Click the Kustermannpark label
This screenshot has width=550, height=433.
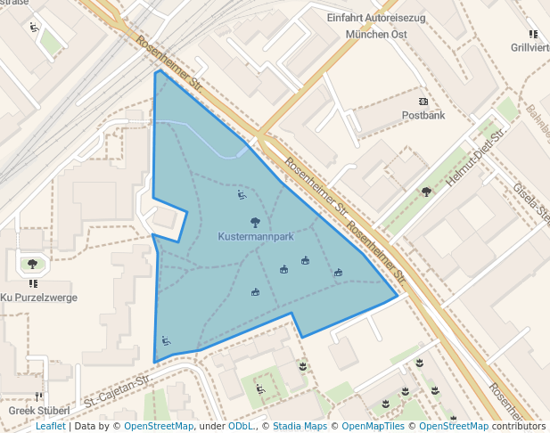256,238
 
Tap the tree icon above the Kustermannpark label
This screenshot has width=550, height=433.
256,222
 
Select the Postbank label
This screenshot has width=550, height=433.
423,115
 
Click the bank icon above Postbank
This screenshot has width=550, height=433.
423,102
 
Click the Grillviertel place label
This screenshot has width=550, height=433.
530,47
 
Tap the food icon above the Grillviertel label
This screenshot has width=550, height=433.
533,34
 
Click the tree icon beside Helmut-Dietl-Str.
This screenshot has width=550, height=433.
426,191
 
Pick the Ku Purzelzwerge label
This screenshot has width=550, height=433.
38,298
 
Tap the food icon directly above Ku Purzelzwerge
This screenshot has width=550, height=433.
33,284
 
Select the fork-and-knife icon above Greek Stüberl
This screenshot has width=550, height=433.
38,396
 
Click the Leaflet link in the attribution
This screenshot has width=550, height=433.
50,426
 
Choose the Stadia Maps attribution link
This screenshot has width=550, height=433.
300,426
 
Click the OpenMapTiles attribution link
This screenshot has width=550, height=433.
367,426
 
